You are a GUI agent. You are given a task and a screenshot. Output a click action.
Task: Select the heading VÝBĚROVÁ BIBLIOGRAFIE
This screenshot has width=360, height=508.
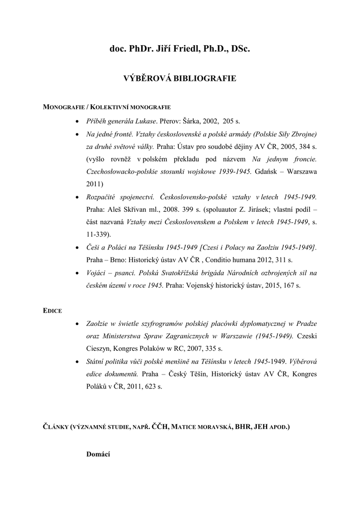[x=179, y=78]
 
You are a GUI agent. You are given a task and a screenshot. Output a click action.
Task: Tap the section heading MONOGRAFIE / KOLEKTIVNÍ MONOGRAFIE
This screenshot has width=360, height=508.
[x=107, y=107]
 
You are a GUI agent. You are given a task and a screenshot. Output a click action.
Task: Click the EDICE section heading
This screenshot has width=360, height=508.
[x=52, y=311]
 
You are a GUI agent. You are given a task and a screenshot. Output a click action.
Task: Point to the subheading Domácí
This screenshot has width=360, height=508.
[x=98, y=454]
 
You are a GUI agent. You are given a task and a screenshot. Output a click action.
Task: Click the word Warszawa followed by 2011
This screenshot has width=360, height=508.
[x=300, y=172]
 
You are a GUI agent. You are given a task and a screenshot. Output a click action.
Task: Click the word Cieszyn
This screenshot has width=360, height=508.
[x=101, y=349]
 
